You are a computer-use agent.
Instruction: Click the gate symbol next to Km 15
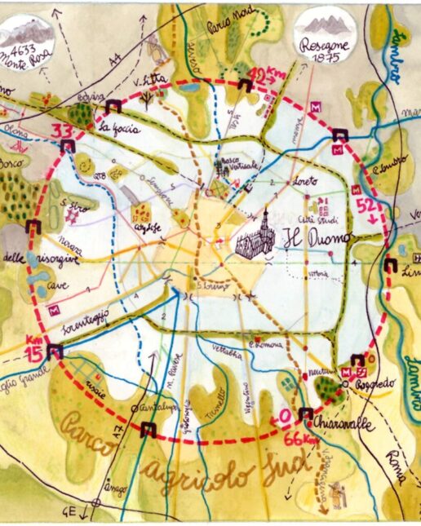click(x=55, y=351)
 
